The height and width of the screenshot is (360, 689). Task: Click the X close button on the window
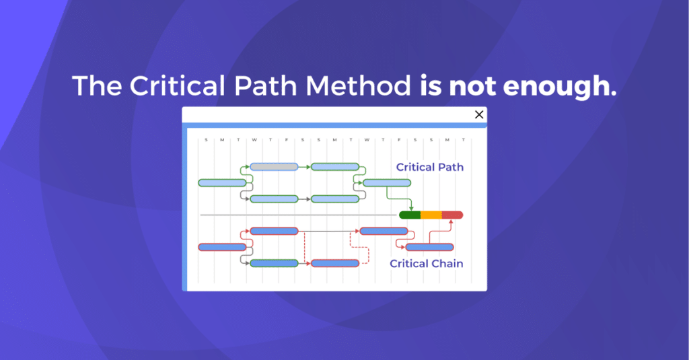tap(479, 114)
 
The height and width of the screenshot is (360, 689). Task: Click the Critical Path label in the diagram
tap(429, 167)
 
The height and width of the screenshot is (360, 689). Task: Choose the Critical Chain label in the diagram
tap(427, 263)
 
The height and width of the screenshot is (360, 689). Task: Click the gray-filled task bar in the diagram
tap(274, 167)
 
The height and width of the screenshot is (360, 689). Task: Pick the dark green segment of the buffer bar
tap(410, 215)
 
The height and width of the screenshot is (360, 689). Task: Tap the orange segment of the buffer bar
tap(431, 215)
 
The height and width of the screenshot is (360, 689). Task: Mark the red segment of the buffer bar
tap(452, 215)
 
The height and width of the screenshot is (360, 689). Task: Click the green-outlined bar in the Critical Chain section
tap(274, 263)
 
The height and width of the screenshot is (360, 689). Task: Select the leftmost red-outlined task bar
tap(222, 247)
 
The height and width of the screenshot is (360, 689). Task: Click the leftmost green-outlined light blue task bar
tap(222, 183)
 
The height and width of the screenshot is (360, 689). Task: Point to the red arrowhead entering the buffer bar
tap(451, 222)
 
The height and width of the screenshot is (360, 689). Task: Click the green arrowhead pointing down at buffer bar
tap(411, 209)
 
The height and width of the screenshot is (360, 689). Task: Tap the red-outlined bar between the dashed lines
tap(335, 263)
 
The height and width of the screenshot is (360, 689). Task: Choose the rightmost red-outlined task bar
tap(429, 247)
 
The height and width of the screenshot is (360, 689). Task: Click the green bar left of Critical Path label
tap(387, 183)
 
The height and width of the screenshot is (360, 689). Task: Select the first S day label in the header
tap(206, 140)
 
